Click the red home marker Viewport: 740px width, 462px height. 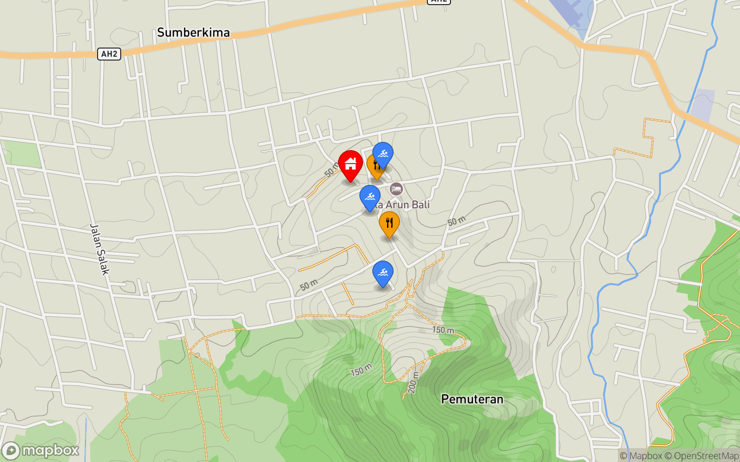coord(351,164)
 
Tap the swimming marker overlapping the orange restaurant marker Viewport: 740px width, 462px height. coord(383,154)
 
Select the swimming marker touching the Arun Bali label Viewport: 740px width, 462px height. coord(370,197)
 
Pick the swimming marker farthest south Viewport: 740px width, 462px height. coord(383,273)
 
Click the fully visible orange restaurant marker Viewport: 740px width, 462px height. coord(389,223)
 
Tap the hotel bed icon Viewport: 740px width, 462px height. coord(396,188)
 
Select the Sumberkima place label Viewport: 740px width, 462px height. coord(193,32)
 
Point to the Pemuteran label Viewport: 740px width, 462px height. coord(472,399)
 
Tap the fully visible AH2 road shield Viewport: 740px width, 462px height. coord(109,54)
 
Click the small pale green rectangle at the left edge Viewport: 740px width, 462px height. coord(22,154)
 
